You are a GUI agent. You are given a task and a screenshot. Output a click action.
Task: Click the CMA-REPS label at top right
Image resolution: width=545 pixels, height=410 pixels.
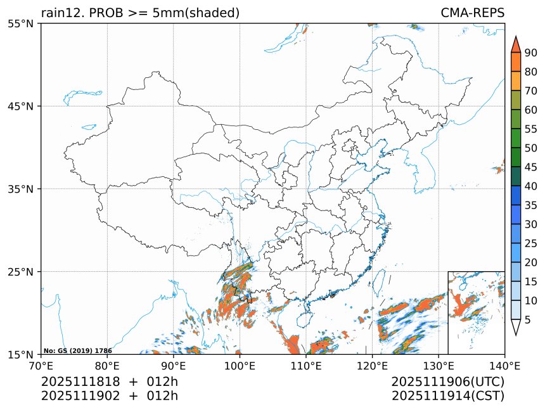(x=472, y=13)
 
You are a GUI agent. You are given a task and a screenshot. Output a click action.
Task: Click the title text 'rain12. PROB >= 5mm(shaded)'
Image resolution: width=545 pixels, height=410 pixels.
(x=140, y=13)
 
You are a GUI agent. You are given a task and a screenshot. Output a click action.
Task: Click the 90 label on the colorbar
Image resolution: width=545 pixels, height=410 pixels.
(x=530, y=53)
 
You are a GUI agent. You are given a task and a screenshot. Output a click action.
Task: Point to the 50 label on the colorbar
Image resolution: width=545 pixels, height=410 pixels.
(x=530, y=148)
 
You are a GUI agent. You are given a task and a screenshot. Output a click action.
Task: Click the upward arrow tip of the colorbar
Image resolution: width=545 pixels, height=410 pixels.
(x=515, y=37)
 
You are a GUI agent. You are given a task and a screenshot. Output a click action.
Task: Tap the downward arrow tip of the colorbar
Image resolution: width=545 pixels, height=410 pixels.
(x=515, y=335)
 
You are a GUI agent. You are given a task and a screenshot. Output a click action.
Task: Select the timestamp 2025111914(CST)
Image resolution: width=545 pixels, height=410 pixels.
(x=447, y=396)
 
